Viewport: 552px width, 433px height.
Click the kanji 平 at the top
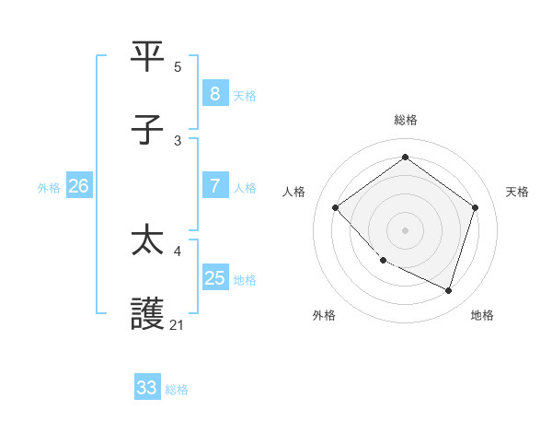tap(149, 57)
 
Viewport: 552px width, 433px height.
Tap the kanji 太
tap(149, 240)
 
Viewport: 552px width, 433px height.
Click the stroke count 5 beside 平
tap(178, 67)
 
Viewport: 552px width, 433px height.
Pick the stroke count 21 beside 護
tap(178, 324)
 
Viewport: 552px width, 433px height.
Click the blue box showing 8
tap(214, 93)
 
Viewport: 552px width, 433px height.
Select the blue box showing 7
tap(214, 186)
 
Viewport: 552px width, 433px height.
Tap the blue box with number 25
tap(214, 278)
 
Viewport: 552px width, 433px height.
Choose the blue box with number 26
tap(78, 186)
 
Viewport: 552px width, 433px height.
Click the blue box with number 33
tap(147, 388)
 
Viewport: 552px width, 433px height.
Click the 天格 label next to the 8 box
tap(245, 95)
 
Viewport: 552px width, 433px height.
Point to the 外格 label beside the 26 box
tap(49, 188)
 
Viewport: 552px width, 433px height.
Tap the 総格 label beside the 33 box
tap(177, 390)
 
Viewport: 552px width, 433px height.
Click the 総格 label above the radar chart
tap(406, 120)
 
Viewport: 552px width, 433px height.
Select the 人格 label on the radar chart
tap(294, 192)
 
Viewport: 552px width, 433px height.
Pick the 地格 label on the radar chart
tap(482, 315)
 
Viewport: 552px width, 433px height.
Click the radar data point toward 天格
tap(475, 207)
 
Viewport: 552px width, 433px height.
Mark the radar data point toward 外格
tap(384, 261)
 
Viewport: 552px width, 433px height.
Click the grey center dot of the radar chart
tap(406, 229)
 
